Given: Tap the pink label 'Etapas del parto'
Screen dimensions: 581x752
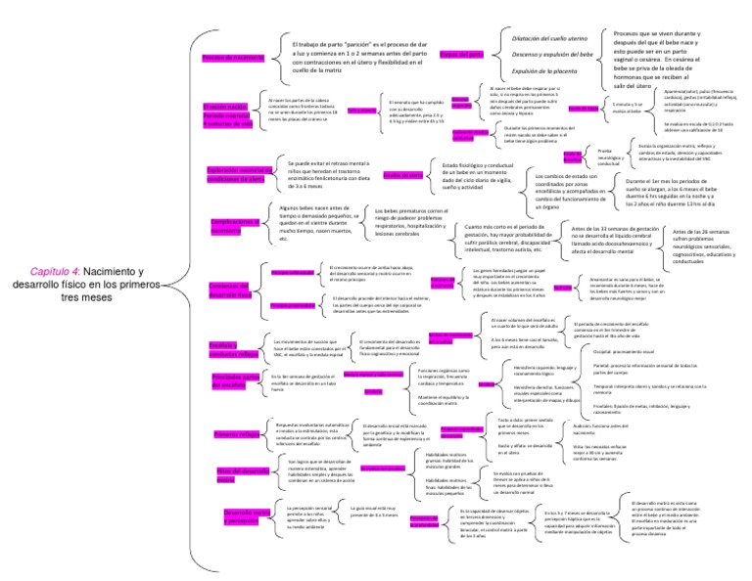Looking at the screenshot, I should point(462,56).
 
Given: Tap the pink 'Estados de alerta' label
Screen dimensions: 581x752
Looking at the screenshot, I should point(401,175).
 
